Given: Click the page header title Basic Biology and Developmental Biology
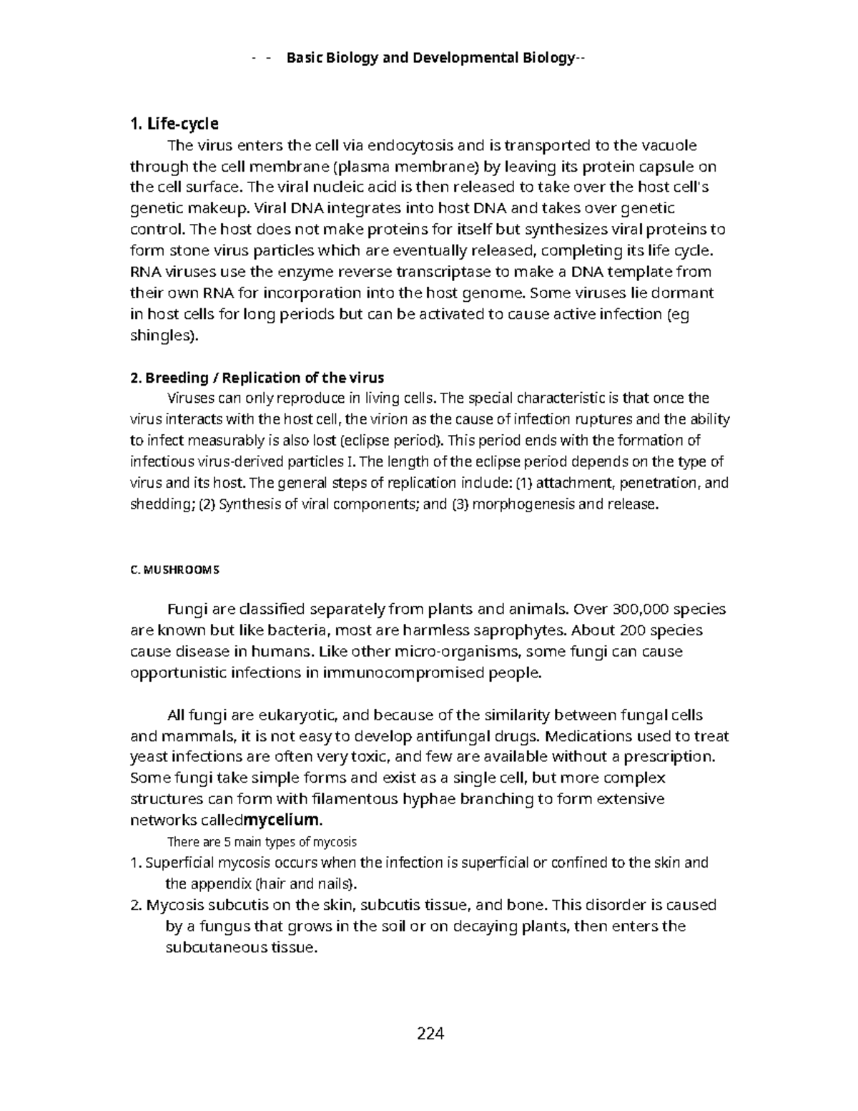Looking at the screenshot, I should point(430,58).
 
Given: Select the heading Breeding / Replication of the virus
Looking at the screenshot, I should point(265,378).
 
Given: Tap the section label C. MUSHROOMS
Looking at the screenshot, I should point(174,570).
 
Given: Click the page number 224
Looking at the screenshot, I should point(430,1033).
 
